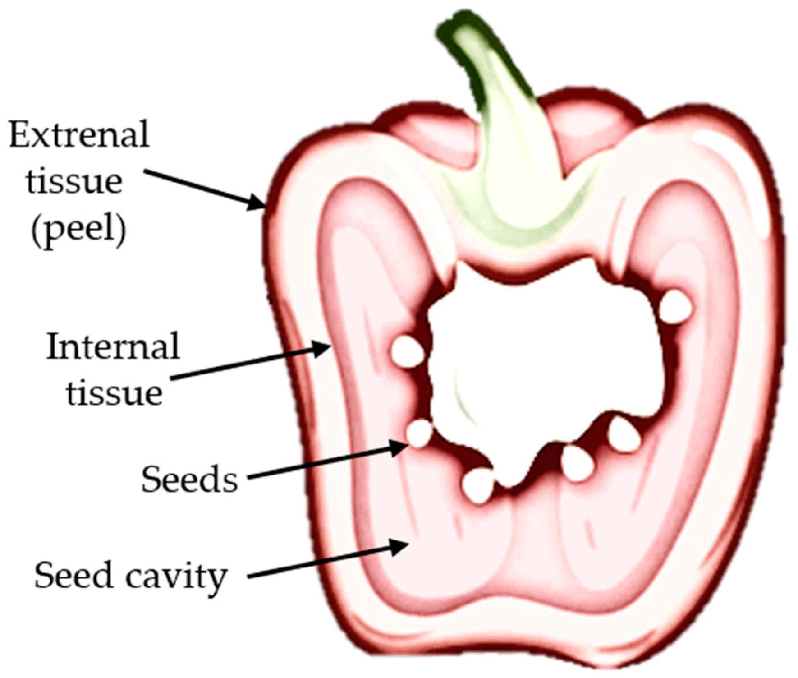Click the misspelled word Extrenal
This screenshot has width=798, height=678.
click(79, 134)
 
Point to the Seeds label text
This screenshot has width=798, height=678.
click(189, 479)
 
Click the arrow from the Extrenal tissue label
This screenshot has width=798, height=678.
click(205, 189)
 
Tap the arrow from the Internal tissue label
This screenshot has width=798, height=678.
click(252, 363)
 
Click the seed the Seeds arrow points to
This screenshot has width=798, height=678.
click(419, 433)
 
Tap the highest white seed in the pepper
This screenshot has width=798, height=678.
click(675, 307)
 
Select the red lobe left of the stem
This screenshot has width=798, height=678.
click(428, 135)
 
